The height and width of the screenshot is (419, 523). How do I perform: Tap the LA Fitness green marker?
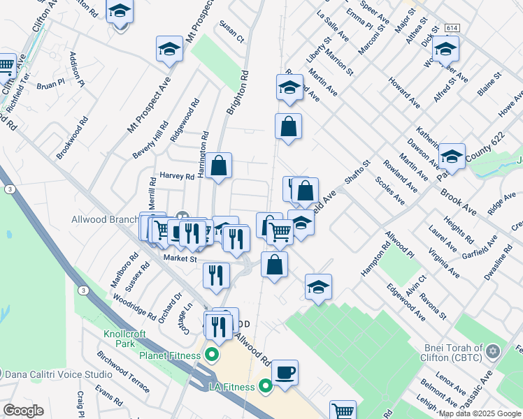point(265,385)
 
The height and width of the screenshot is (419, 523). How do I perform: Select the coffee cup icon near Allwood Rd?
point(285,372)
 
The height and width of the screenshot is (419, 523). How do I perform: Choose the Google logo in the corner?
point(23,411)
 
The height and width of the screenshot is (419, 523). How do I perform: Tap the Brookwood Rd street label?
point(73,137)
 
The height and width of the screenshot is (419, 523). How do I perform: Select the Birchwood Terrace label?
point(123,369)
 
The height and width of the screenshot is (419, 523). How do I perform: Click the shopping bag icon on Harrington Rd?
point(219,166)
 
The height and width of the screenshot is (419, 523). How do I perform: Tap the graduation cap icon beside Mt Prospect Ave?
point(168,50)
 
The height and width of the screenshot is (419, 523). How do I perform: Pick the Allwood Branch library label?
point(105,219)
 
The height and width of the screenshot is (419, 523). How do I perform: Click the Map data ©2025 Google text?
point(480,413)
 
